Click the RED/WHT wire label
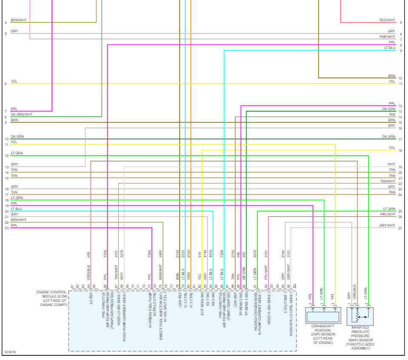pyautogui.click(x=387, y=20)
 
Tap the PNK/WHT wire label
pyautogui.click(x=387, y=37)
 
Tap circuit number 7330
pyautogui.click(x=105, y=254)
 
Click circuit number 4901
pyautogui.click(x=160, y=254)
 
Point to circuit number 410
pyautogui.click(x=199, y=255)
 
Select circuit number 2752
pyautogui.click(x=233, y=254)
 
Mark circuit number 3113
pyautogui.click(x=288, y=254)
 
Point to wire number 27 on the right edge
pyautogui.click(x=400, y=228)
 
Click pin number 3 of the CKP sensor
pyautogui.click(x=335, y=304)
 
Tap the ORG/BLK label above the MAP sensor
pyautogui.click(x=354, y=294)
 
